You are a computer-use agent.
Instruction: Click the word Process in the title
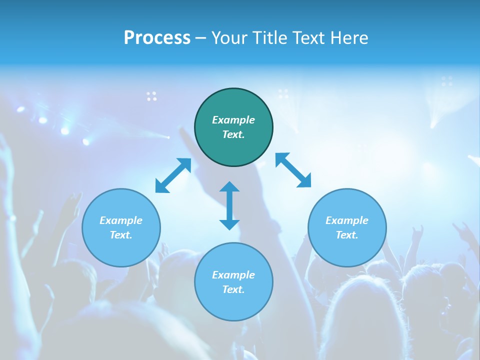[x=157, y=38]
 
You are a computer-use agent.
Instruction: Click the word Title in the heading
[x=270, y=38]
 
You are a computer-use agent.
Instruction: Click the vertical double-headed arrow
[x=229, y=205]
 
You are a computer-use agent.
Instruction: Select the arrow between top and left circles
[x=173, y=175]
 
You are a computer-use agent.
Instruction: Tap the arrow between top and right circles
[x=293, y=170]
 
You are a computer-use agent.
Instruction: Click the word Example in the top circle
[x=233, y=120]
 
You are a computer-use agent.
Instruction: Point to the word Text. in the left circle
[x=121, y=235]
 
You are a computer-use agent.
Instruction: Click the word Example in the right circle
[x=347, y=220]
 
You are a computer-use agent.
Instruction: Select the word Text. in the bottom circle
[x=233, y=289]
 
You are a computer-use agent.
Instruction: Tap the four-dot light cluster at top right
[x=447, y=81]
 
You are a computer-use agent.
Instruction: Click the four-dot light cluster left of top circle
[x=151, y=96]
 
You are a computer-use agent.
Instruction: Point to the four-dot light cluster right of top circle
[x=283, y=93]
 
